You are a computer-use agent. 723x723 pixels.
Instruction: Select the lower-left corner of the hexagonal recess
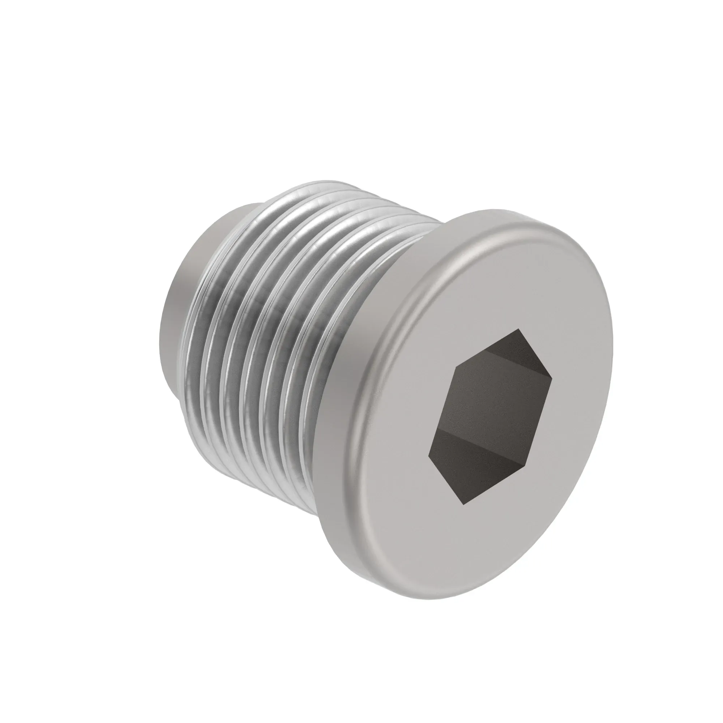(429, 455)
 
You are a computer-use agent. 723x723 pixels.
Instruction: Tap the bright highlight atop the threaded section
(318, 194)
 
